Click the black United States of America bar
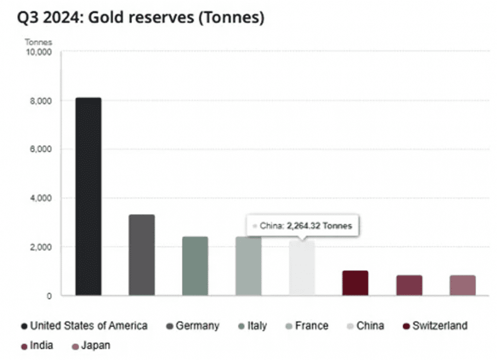pyautogui.click(x=88, y=196)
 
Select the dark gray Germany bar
pyautogui.click(x=142, y=255)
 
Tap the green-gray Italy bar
pyautogui.click(x=195, y=266)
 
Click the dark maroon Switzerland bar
pyautogui.click(x=355, y=283)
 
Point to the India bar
pyautogui.click(x=409, y=285)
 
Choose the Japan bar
pyautogui.click(x=463, y=285)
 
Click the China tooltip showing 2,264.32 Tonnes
pyautogui.click(x=302, y=226)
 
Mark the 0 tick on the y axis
pyautogui.click(x=49, y=295)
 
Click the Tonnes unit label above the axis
pyautogui.click(x=38, y=42)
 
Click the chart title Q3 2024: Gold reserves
pyautogui.click(x=141, y=18)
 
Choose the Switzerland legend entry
pyautogui.click(x=435, y=326)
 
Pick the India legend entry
pyautogui.click(x=37, y=346)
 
